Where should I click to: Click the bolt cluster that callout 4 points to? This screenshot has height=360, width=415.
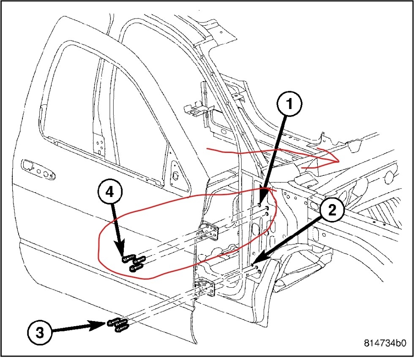coord(134,262)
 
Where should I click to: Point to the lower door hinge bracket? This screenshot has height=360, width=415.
coord(206,290)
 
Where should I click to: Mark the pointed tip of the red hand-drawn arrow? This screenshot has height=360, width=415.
coord(339,162)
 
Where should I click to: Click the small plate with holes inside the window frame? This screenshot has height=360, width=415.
coord(100,143)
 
